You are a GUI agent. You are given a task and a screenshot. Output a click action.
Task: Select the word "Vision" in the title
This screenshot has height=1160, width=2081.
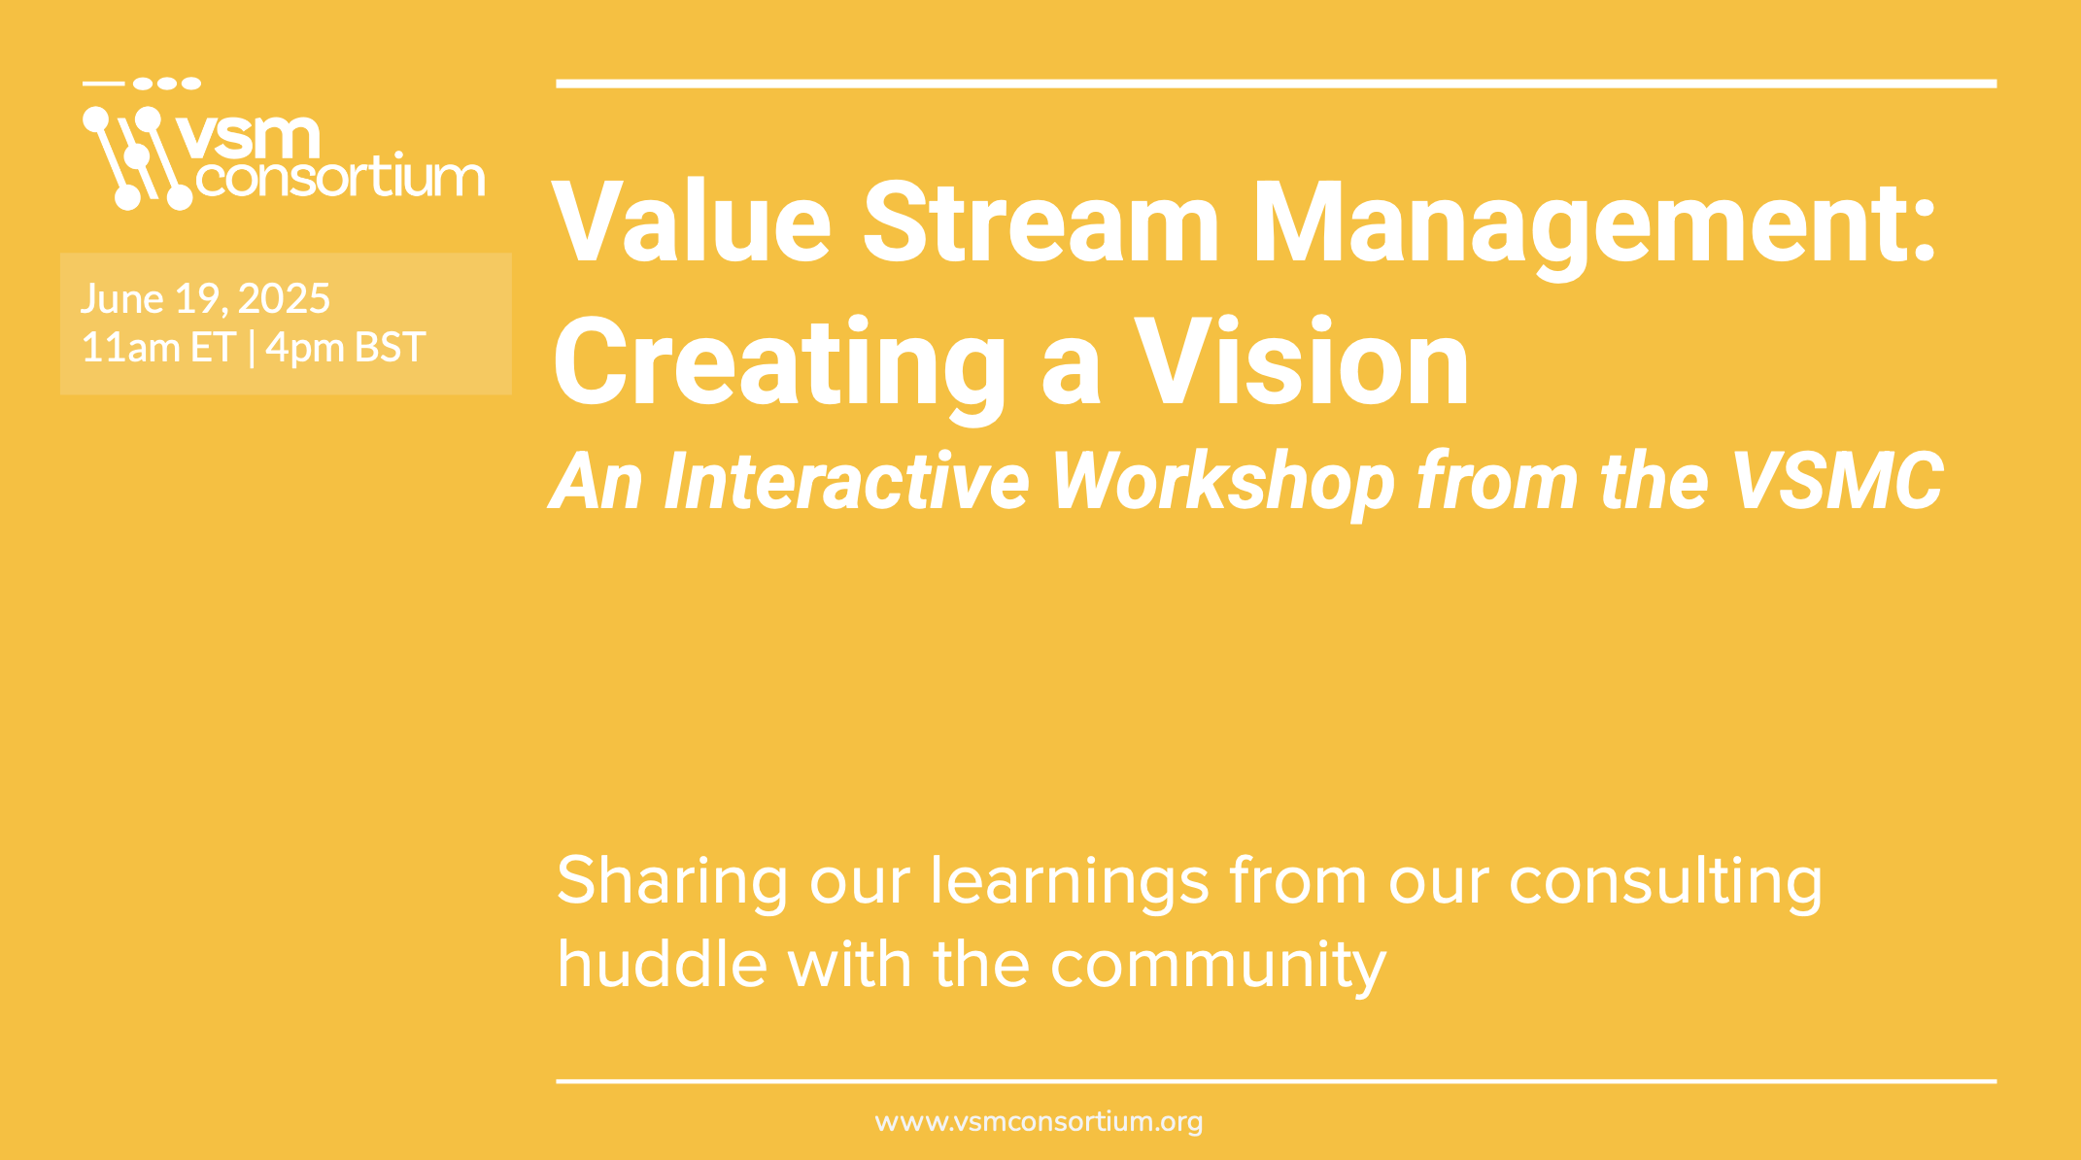point(1303,361)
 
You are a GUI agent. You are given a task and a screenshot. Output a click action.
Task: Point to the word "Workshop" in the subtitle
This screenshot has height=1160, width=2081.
point(1224,484)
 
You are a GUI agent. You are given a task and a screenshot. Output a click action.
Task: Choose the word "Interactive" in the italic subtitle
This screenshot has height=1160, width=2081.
point(845,481)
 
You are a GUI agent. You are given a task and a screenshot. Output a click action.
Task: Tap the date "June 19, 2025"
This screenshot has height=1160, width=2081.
point(205,299)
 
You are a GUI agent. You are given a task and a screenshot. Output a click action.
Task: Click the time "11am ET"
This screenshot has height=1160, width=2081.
point(158,348)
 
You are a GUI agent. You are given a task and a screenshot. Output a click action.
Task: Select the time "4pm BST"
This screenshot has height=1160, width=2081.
point(345,348)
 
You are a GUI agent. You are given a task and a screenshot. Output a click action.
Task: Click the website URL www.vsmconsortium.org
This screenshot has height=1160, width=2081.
point(1039,1122)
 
